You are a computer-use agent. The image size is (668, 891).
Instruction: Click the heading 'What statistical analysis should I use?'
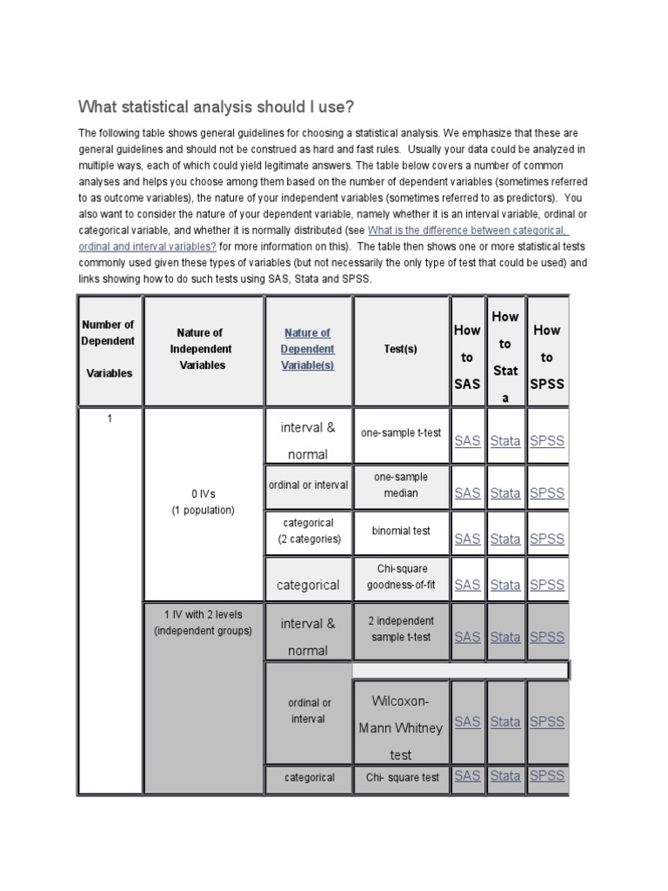point(217,107)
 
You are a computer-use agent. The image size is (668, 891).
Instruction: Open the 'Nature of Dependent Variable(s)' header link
point(307,349)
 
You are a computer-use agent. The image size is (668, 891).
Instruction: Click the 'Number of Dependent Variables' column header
point(109,349)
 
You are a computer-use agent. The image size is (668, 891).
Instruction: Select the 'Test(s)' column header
point(400,349)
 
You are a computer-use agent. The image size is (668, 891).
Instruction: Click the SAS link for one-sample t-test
point(467,441)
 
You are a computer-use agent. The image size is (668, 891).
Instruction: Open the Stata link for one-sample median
point(505,492)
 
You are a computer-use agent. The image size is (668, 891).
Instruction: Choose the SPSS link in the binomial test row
point(547,539)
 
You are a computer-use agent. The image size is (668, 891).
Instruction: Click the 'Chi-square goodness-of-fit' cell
point(400,577)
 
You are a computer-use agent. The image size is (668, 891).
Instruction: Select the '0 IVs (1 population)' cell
point(203,502)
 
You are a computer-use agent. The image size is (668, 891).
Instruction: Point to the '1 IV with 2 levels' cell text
point(203,623)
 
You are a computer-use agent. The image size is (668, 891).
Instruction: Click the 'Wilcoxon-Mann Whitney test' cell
point(400,727)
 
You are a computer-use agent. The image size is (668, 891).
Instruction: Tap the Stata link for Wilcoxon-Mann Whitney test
point(505,721)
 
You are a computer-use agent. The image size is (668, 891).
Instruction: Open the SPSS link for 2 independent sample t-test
point(547,637)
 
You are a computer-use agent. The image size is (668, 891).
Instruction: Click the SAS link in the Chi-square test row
point(467,775)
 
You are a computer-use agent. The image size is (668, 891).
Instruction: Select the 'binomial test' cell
point(400,531)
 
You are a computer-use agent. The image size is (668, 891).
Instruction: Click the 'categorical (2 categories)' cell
point(309,531)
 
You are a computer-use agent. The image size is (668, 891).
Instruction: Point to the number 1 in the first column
point(110,419)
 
